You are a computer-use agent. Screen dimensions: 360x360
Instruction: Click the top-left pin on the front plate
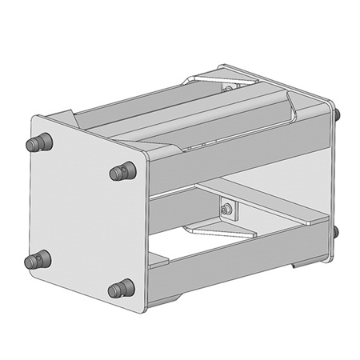tap(37, 145)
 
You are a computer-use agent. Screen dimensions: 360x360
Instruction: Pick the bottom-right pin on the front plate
tap(121, 288)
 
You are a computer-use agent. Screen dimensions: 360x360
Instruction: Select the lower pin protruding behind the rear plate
tap(337, 233)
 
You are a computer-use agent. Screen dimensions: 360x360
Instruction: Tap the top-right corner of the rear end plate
tap(332, 102)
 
